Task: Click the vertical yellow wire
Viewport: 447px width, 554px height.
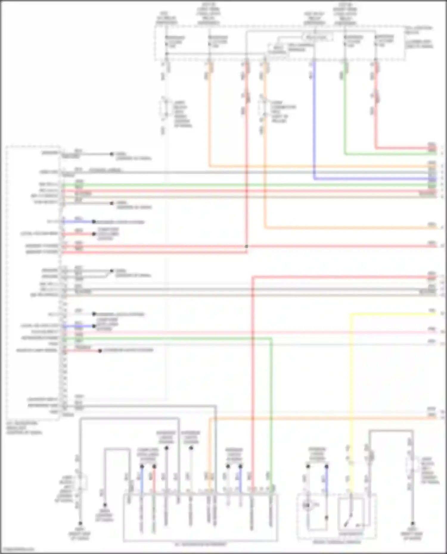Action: coord(351,387)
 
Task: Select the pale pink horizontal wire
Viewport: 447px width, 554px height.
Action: coord(238,332)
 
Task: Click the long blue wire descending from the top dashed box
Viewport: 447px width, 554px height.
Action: coord(314,119)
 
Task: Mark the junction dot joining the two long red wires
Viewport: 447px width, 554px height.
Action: coord(246,246)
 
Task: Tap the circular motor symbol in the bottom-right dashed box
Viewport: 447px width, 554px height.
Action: coord(307,505)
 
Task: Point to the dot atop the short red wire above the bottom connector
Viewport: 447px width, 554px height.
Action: coord(154,466)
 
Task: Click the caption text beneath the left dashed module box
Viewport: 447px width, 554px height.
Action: coord(24,427)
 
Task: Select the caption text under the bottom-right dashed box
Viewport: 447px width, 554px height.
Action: coord(337,542)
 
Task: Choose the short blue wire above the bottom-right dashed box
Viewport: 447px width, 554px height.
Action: coord(327,482)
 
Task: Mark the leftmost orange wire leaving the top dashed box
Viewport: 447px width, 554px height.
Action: coord(209,119)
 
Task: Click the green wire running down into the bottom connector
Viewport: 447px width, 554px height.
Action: coord(271,417)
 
